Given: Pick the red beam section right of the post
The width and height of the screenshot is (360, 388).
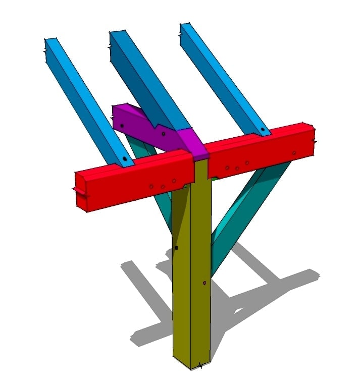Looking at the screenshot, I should point(258,151).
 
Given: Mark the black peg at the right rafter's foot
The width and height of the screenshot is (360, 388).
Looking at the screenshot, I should point(263,130).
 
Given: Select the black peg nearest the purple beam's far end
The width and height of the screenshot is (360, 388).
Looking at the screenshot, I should point(122,125).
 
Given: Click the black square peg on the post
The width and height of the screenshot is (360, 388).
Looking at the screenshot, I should point(176,248).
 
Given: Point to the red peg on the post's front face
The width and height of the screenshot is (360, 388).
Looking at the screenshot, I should point(204,283).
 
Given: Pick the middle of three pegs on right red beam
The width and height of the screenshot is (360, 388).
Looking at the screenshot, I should point(237,168).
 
